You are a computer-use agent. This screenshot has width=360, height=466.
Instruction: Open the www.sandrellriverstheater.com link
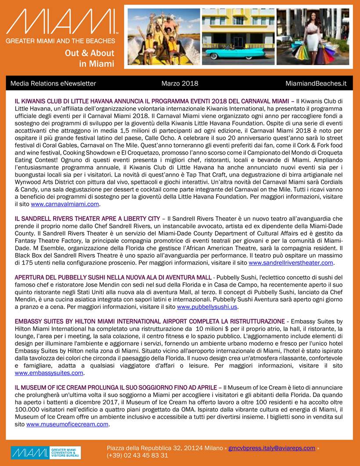coord(291,263)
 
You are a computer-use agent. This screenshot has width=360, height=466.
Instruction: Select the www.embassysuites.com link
coord(49,372)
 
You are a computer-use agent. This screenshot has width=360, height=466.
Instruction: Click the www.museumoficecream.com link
coord(67,424)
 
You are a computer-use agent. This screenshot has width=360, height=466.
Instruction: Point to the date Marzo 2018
coord(180,83)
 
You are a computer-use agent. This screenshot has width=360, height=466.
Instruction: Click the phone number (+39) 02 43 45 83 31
coord(137,455)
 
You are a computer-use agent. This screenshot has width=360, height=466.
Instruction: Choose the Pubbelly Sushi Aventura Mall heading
coord(112,277)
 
